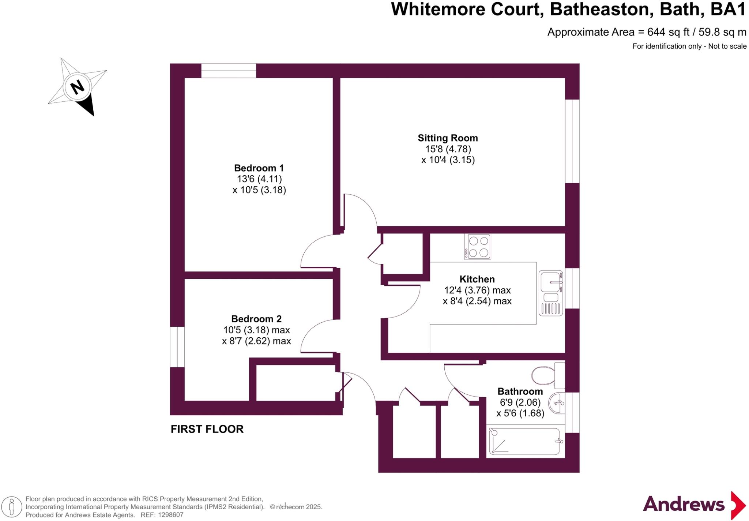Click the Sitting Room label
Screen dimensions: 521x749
(x=448, y=138)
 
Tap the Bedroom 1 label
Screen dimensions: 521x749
(x=259, y=168)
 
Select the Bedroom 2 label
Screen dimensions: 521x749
(x=256, y=319)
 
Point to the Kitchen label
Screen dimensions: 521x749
(x=477, y=280)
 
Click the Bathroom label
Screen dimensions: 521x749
(x=520, y=391)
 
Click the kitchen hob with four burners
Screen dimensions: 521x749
(x=478, y=247)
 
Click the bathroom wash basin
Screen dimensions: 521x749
(x=558, y=403)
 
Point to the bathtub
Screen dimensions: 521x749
(x=525, y=442)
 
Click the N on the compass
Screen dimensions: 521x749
(x=77, y=87)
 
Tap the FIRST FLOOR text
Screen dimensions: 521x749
(x=207, y=429)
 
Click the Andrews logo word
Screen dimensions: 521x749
(x=684, y=505)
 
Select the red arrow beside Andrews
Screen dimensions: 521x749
(x=738, y=505)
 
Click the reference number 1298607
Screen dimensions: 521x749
(x=170, y=515)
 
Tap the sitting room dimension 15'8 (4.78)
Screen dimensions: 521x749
(x=448, y=149)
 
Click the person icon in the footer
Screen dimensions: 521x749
(x=12, y=507)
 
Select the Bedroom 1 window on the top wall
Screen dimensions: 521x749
(x=229, y=71)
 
